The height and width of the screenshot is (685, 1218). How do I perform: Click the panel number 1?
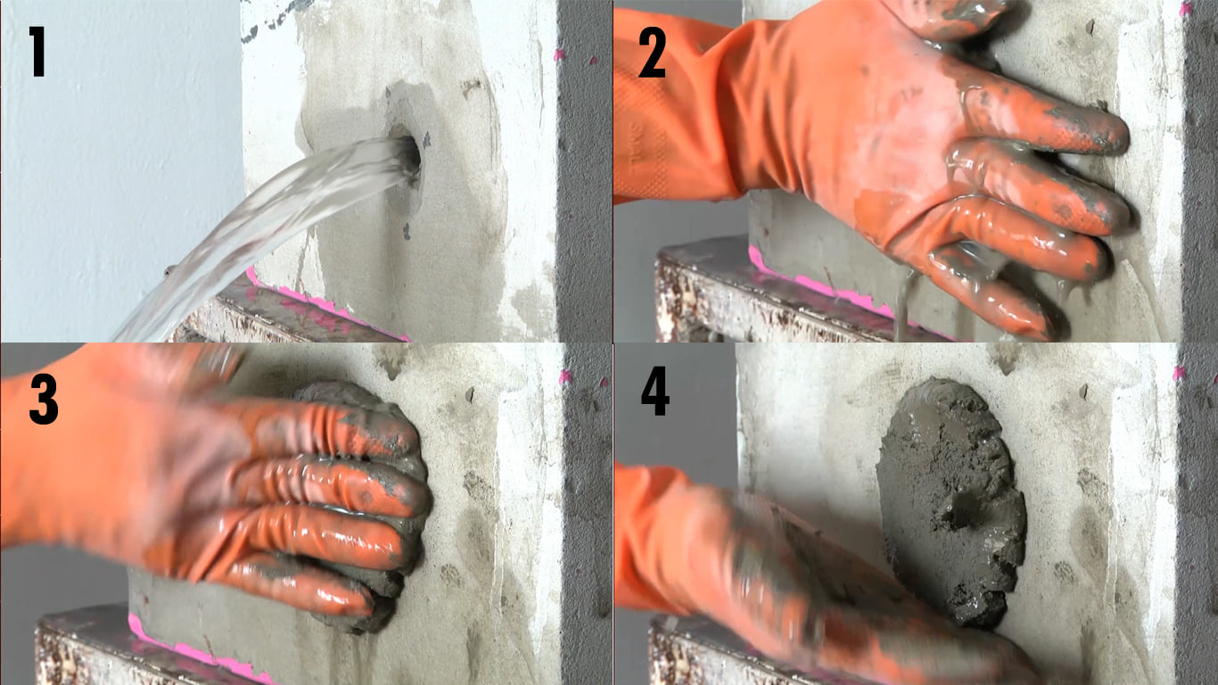coord(37,53)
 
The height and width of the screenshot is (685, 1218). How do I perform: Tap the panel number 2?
coord(652,53)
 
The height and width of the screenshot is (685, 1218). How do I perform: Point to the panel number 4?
coord(655,391)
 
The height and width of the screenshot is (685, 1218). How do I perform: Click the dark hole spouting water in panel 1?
coord(409,152)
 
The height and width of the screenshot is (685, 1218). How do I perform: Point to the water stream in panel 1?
coord(261,228)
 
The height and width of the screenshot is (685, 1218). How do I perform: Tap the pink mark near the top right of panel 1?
coord(560,55)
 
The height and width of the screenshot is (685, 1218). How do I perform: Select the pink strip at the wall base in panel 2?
coord(827,287)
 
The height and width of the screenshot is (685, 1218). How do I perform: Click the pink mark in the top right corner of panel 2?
coord(1185,9)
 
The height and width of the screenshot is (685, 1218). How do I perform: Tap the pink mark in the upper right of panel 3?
coord(566,376)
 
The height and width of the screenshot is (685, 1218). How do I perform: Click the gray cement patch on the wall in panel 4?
coord(951,500)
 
